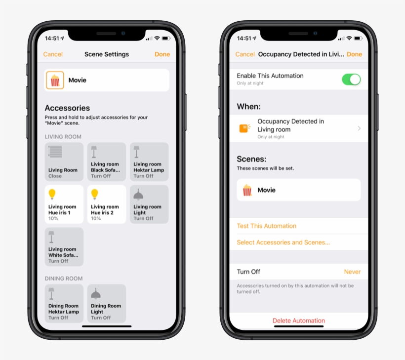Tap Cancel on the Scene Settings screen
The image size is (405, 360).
(53, 54)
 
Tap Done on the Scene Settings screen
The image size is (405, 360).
(162, 54)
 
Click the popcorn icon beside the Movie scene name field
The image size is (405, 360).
(55, 80)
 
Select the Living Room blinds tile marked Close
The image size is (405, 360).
(64, 161)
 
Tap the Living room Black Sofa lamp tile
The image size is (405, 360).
(107, 161)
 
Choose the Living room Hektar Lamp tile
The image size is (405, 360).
(149, 161)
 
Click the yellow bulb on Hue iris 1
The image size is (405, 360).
(52, 194)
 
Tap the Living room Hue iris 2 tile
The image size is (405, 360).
(107, 204)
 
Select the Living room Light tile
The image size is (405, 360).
(149, 204)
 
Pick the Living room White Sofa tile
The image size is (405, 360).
(64, 247)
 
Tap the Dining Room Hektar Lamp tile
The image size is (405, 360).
(64, 303)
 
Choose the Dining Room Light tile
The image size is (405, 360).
(107, 303)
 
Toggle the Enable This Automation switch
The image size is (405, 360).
(351, 80)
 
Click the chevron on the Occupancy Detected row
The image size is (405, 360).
(359, 128)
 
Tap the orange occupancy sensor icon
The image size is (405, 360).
(244, 128)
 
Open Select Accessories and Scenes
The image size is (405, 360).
(283, 242)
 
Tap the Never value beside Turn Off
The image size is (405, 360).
(352, 272)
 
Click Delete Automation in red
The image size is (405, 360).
(299, 320)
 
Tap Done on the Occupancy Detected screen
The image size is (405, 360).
(355, 54)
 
